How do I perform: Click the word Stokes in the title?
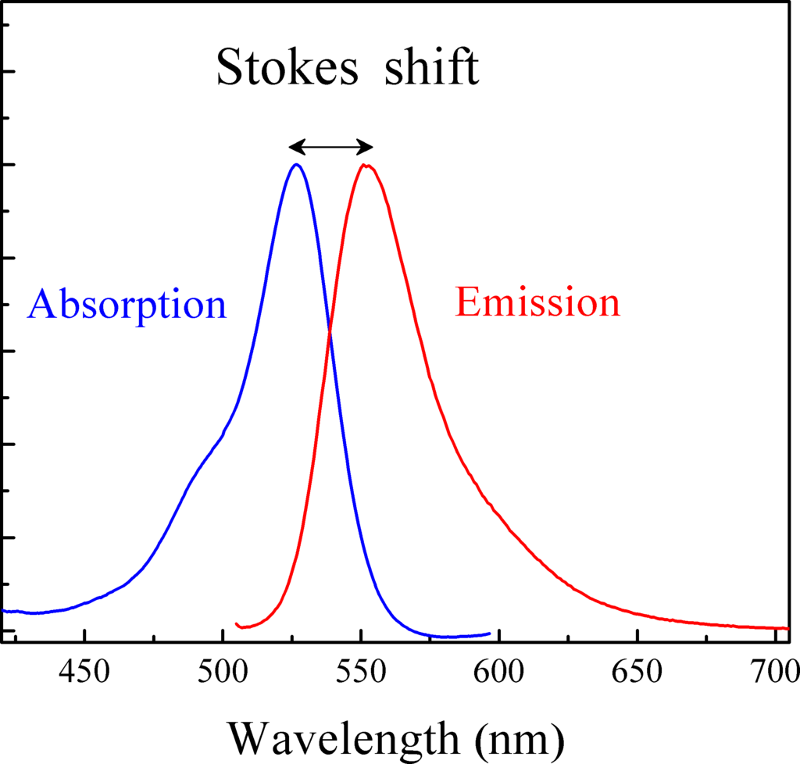(x=287, y=68)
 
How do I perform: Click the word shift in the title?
(x=431, y=68)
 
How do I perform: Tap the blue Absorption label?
(x=127, y=304)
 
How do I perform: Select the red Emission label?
(x=537, y=302)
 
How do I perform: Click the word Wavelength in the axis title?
(x=341, y=735)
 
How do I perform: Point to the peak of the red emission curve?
(x=365, y=165)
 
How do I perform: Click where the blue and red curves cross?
(x=329, y=334)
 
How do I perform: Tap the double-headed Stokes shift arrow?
(x=330, y=146)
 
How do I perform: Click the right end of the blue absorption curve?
(x=490, y=634)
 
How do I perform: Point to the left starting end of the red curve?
(x=237, y=624)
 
